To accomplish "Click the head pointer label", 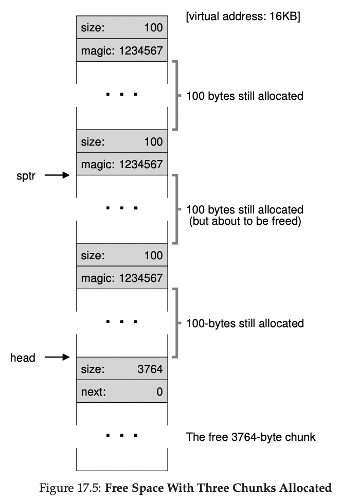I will coord(23,358).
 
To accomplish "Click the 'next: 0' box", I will coord(122,392).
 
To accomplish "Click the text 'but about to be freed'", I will coord(245,222).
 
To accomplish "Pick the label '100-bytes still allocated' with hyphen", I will coord(245,324).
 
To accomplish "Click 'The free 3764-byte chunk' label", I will coord(250,438).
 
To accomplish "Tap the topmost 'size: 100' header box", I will coord(122,28).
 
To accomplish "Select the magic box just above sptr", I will coord(122,165).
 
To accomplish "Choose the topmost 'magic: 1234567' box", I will coord(122,51).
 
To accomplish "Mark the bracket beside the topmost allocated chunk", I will coord(176,96).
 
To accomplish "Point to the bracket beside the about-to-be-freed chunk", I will coord(176,209).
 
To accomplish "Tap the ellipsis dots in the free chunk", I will coord(122,436).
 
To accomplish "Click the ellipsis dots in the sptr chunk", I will coord(122,208).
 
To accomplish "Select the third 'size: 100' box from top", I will coord(122,256).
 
